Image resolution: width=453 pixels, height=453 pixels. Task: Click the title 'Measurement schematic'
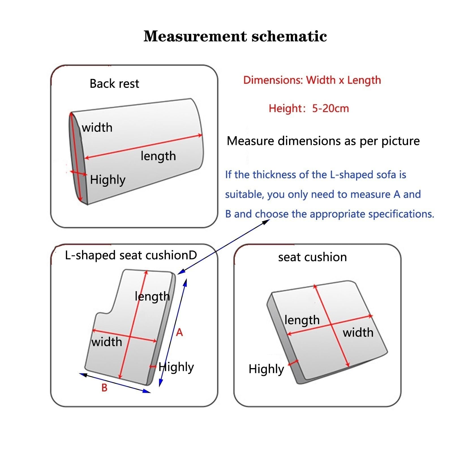pyautogui.click(x=235, y=36)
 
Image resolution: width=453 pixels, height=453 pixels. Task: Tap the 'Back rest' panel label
pyautogui.click(x=114, y=84)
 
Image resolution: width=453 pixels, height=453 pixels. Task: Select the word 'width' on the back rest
pyautogui.click(x=97, y=128)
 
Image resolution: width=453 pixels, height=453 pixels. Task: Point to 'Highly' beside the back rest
pyautogui.click(x=108, y=180)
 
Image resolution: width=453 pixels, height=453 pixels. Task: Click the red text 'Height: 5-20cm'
pyautogui.click(x=309, y=108)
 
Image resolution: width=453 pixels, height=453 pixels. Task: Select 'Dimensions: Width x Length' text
pyautogui.click(x=312, y=80)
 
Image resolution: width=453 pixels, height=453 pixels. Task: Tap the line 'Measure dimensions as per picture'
pyautogui.click(x=323, y=141)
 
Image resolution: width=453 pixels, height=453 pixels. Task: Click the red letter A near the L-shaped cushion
pyautogui.click(x=179, y=332)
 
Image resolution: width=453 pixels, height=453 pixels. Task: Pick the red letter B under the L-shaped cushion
pyautogui.click(x=104, y=388)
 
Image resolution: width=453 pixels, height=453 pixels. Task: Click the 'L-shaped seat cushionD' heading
pyautogui.click(x=131, y=255)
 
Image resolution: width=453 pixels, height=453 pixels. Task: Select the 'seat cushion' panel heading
pyautogui.click(x=312, y=257)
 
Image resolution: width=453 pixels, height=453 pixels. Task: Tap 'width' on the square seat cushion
pyautogui.click(x=358, y=332)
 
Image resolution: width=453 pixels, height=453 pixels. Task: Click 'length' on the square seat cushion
pyautogui.click(x=302, y=320)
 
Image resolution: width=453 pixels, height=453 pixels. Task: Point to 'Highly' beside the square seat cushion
pyautogui.click(x=266, y=369)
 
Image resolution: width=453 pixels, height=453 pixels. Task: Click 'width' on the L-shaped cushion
pyautogui.click(x=107, y=342)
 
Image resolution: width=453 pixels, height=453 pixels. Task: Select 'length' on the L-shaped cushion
pyautogui.click(x=152, y=297)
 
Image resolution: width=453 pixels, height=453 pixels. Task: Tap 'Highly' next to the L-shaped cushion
pyautogui.click(x=176, y=367)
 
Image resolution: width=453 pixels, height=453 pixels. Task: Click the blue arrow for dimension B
pyautogui.click(x=115, y=383)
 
